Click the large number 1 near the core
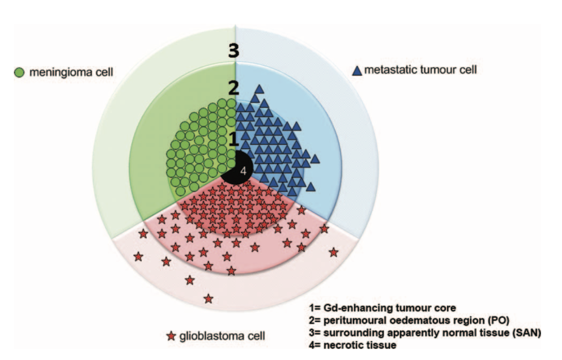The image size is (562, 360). coord(233,139)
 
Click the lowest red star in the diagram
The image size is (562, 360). coord(208,299)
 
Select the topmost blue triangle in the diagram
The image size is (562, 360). coord(260,89)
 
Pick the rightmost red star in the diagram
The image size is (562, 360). coord(334,252)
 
